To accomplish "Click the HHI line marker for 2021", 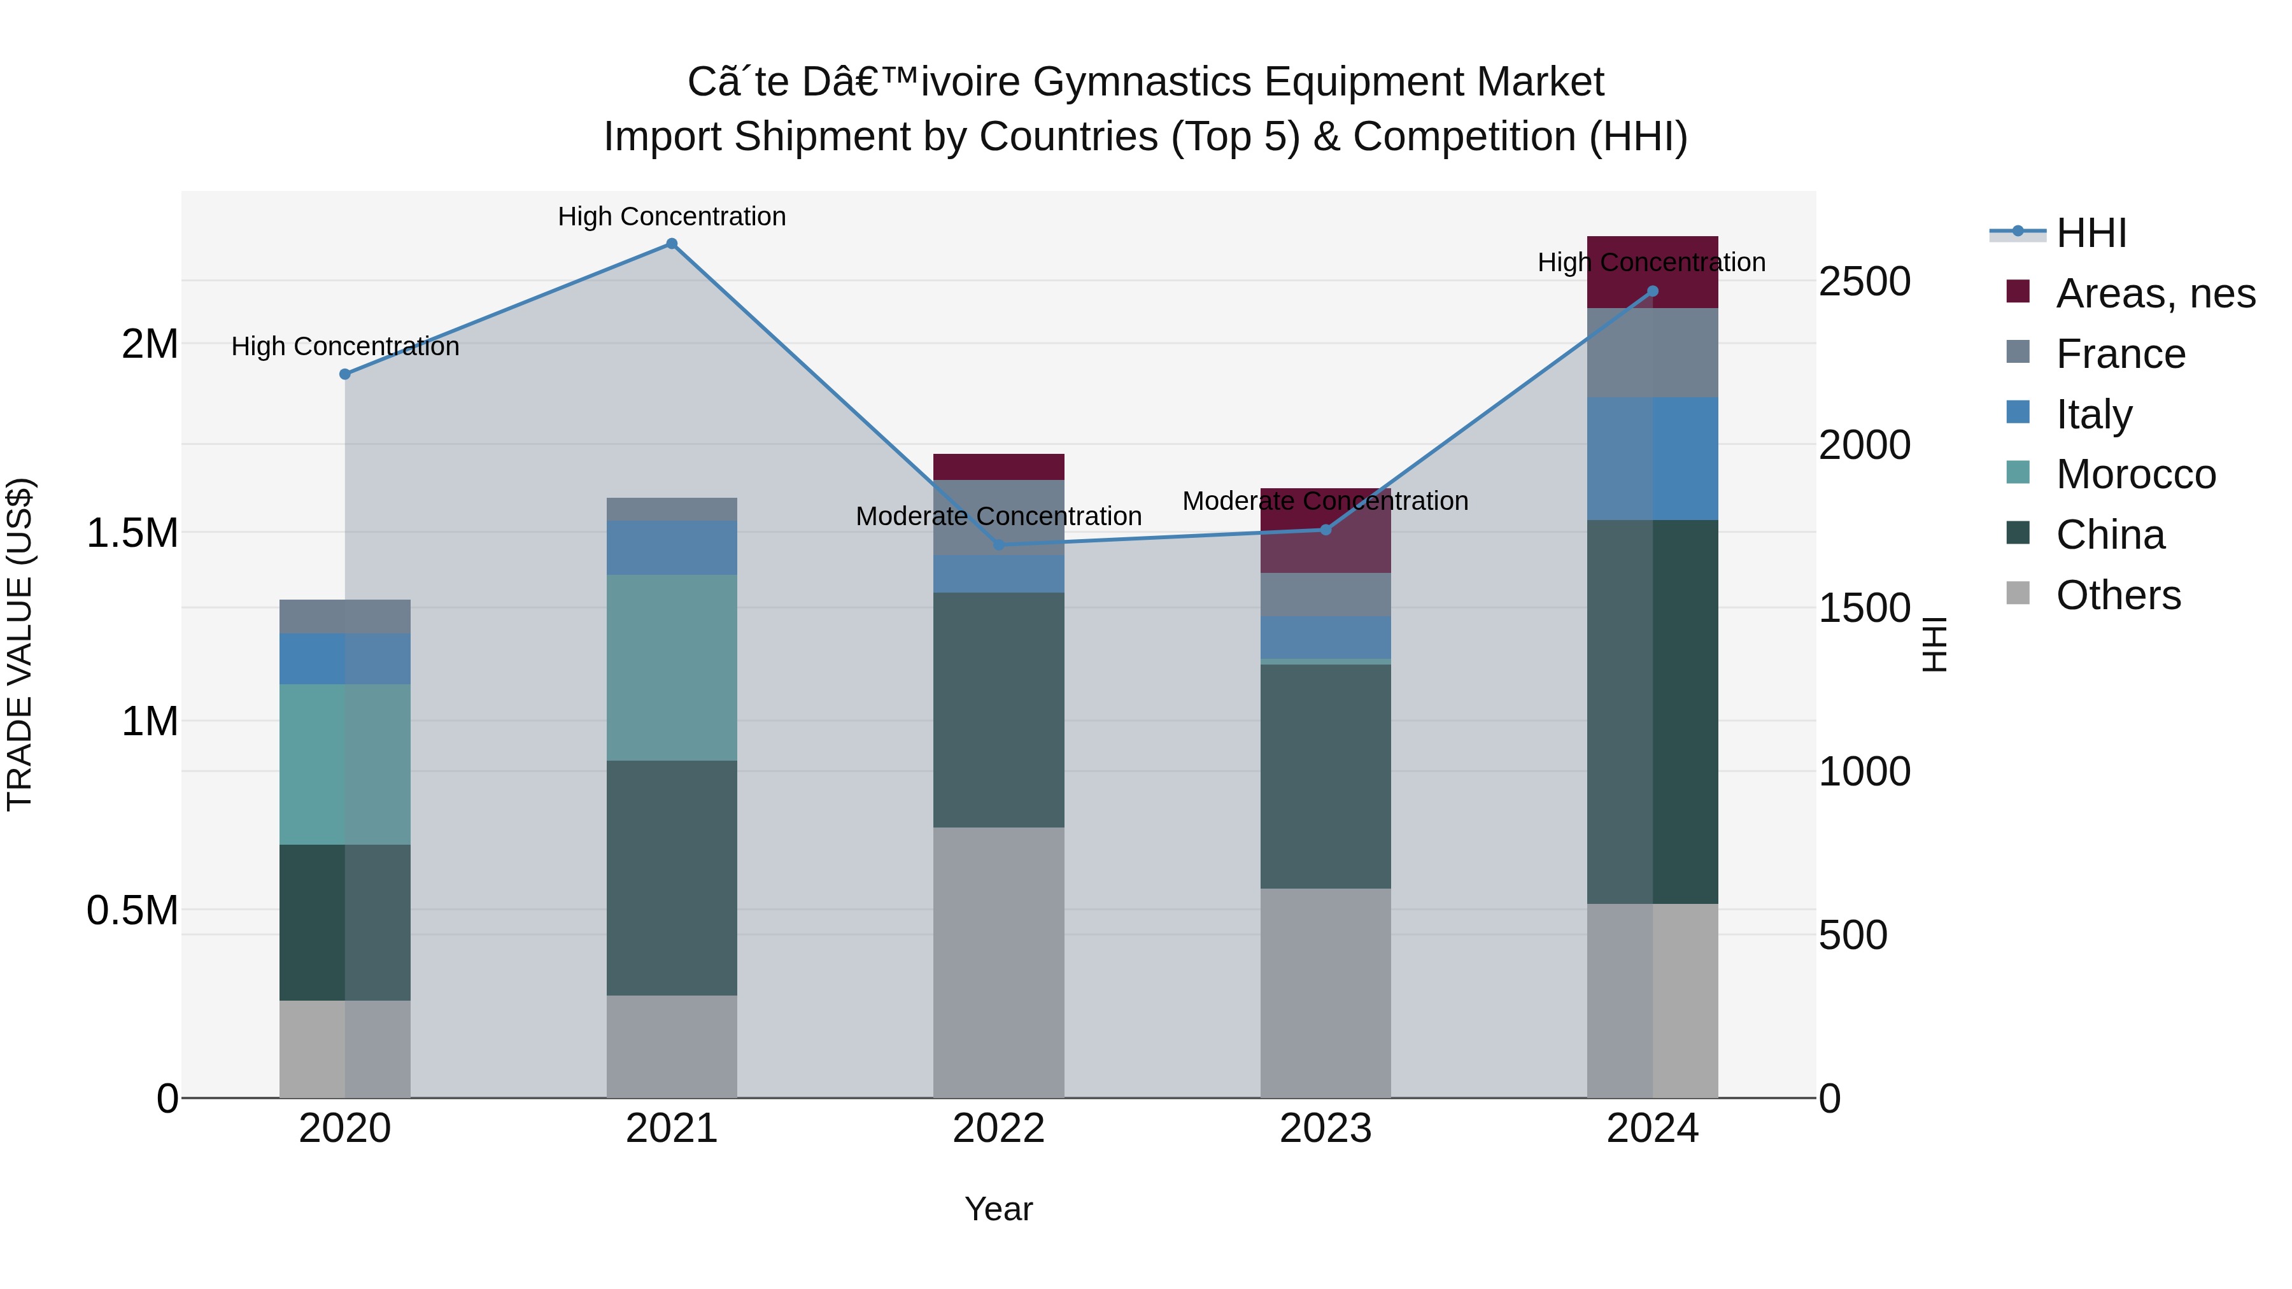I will click(672, 244).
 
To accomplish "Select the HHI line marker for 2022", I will click(998, 544).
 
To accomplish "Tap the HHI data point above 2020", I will click(345, 374).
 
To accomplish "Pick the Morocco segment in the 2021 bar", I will click(672, 667).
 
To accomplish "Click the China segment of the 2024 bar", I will click(1652, 712).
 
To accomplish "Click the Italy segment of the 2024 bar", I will click(1652, 458).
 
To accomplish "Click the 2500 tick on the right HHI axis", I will click(1865, 281).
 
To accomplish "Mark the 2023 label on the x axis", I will click(1325, 1129).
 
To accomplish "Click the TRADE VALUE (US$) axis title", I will click(20, 644).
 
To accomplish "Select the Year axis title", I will click(998, 1209).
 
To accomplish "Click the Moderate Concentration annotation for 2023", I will click(1325, 501).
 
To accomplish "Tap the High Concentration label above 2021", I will click(672, 216).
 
